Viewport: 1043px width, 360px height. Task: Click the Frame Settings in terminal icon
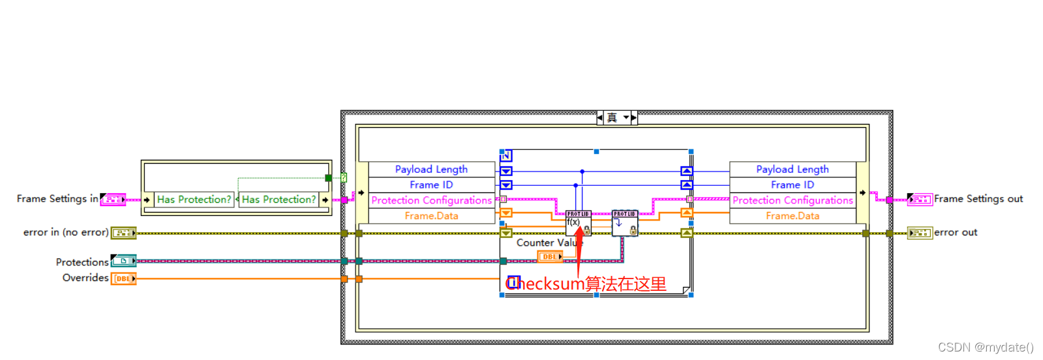pos(113,200)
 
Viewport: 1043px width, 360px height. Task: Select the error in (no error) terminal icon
pos(123,233)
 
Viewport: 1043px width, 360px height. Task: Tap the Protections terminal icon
pos(123,261)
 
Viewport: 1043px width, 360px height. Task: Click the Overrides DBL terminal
pos(123,278)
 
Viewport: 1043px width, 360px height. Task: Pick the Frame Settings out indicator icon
pos(920,200)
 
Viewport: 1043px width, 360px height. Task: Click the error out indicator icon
pos(920,233)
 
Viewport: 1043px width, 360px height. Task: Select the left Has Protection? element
pos(194,200)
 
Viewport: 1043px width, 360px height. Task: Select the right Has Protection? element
pos(279,200)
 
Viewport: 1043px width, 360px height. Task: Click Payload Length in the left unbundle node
pos(431,170)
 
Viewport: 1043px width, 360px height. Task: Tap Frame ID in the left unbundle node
pos(431,185)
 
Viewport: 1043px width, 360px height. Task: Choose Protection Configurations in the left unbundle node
pos(431,200)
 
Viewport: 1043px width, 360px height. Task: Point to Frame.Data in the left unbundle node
pos(431,216)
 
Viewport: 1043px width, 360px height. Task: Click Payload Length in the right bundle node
pos(793,170)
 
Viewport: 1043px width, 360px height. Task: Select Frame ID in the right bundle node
pos(793,185)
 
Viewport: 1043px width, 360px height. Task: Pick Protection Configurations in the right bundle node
pos(793,200)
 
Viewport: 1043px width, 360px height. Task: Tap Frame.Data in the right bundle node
pos(793,216)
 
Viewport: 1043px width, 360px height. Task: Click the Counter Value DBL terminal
pos(550,257)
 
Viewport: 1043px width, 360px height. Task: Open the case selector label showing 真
pos(612,118)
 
